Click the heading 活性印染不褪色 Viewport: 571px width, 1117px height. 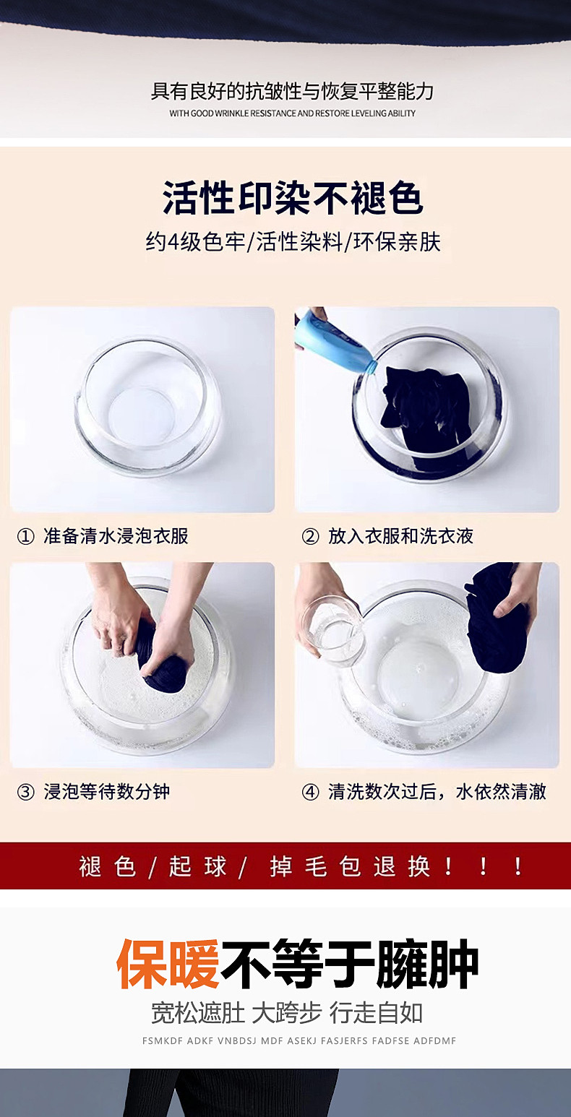pyautogui.click(x=293, y=199)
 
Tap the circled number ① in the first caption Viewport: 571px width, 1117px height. pyautogui.click(x=25, y=537)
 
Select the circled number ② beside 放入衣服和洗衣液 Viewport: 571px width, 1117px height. pyautogui.click(x=310, y=537)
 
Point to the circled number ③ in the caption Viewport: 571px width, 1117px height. pyautogui.click(x=25, y=792)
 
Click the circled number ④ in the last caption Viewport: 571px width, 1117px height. pyautogui.click(x=310, y=792)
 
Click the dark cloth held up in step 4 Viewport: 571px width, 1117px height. pyautogui.click(x=497, y=618)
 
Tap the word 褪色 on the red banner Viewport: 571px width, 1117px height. pyautogui.click(x=107, y=866)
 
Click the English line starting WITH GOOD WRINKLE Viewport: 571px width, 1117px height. pyautogui.click(x=292, y=113)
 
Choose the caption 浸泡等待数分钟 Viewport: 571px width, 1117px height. pyautogui.click(x=107, y=792)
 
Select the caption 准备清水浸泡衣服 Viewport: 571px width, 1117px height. pyautogui.click(x=116, y=537)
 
